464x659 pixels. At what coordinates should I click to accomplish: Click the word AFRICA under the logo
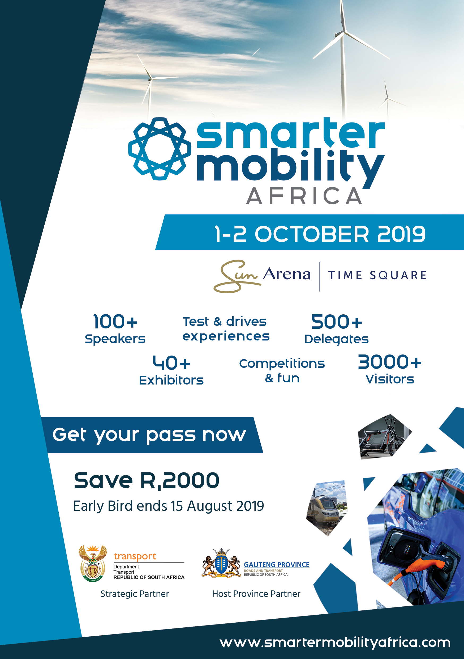[304, 196]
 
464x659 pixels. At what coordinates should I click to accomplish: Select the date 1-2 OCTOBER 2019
[320, 234]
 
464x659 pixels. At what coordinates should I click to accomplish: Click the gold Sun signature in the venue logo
[237, 276]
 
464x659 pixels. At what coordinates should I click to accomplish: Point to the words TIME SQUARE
[377, 275]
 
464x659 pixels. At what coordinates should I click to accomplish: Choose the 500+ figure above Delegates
[337, 322]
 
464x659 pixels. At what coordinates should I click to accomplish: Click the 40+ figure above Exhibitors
[171, 363]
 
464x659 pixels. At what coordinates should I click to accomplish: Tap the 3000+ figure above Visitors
[390, 362]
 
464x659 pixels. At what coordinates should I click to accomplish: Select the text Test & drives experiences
[226, 329]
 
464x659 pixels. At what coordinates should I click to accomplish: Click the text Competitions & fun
[282, 370]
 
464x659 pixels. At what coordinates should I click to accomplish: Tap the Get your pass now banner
[152, 435]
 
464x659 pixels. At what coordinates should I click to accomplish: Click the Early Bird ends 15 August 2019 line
[169, 506]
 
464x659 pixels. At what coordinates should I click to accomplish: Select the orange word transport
[135, 556]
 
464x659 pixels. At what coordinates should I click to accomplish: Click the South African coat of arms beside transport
[93, 563]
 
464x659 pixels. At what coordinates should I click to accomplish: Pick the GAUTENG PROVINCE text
[276, 565]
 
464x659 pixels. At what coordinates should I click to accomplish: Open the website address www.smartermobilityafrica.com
[335, 643]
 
